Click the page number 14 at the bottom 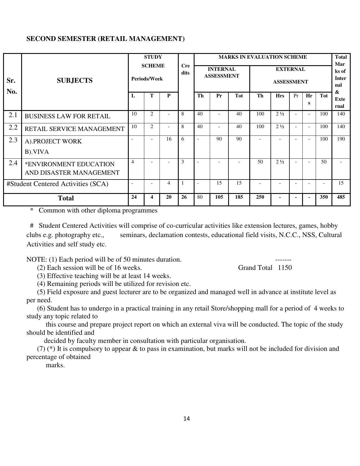186,419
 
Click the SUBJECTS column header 75,80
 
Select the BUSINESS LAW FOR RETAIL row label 67,116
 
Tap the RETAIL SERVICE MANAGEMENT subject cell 75,129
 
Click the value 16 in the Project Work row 169,139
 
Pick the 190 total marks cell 341,139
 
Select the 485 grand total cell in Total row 341,197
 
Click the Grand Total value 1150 285,268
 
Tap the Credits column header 186,69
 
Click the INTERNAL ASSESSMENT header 222,73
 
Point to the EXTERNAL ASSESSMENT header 290,75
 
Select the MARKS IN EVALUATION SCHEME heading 263,57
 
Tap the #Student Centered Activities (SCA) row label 57,184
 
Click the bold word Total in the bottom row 66,198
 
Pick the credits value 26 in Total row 184,197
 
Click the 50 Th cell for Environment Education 260,162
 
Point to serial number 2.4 13,163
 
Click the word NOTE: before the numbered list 36,259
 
